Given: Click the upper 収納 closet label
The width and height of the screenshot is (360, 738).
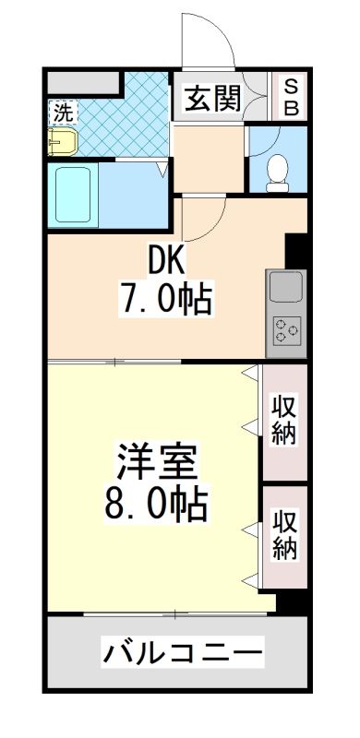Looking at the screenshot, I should pyautogui.click(x=284, y=420).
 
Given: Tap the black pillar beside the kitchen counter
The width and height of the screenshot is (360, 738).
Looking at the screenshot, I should pyautogui.click(x=296, y=250).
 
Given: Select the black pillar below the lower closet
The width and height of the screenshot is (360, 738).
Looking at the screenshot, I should pyautogui.click(x=293, y=601).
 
